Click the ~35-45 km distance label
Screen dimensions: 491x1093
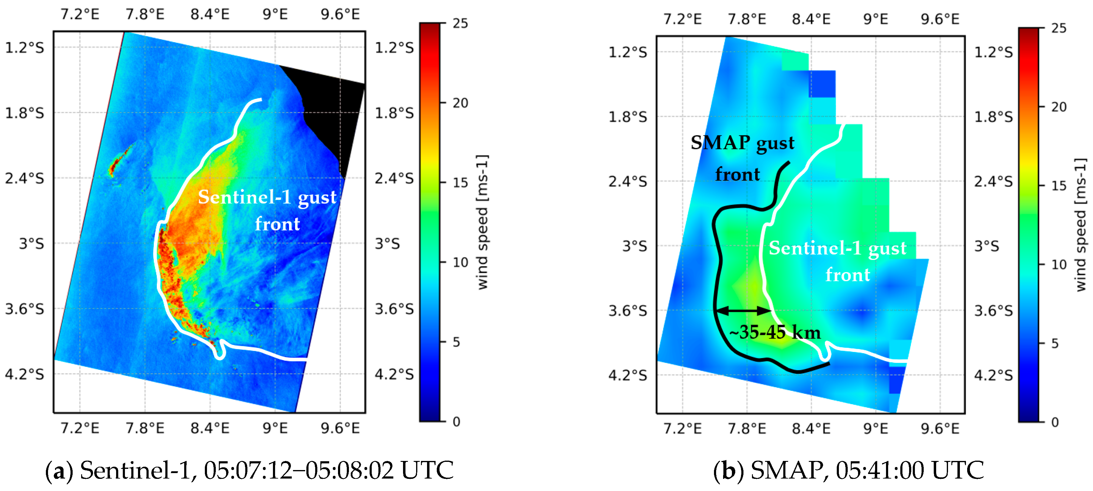click(x=775, y=332)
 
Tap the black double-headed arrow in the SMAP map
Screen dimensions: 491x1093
click(x=743, y=310)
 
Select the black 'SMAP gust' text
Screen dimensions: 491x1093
click(x=742, y=143)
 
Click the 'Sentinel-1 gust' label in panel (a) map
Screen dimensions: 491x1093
click(x=267, y=197)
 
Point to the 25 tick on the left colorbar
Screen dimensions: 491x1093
click(x=460, y=23)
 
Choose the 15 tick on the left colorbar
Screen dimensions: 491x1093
click(x=460, y=183)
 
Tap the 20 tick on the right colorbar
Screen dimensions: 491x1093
click(x=1059, y=107)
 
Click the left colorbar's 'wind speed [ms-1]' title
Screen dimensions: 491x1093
click(x=482, y=222)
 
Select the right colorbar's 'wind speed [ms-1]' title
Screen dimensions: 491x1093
click(x=1081, y=225)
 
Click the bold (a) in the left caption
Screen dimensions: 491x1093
click(x=59, y=471)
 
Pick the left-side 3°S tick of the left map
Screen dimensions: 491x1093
click(x=31, y=244)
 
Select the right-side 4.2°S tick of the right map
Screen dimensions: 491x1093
click(x=993, y=375)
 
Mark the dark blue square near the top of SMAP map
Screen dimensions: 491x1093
click(x=822, y=84)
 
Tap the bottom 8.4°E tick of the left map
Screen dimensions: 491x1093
click(x=210, y=428)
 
